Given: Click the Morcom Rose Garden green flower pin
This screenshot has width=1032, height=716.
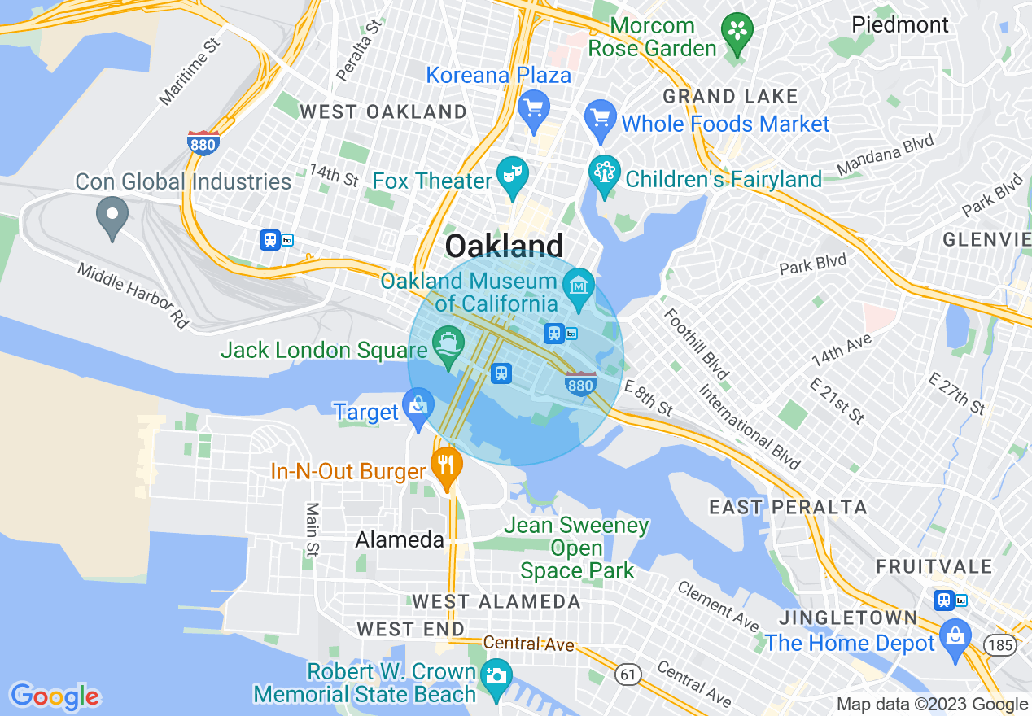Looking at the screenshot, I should [737, 32].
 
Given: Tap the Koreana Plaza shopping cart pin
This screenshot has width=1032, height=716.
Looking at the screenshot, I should [534, 108].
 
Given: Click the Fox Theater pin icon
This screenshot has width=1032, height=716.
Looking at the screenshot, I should [513, 176].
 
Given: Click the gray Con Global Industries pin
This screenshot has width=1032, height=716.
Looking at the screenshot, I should [112, 216].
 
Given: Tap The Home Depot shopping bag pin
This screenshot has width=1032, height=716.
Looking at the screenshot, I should [955, 636].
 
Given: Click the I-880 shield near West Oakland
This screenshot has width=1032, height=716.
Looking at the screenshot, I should [203, 143].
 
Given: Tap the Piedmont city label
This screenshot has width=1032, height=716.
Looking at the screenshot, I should [899, 24].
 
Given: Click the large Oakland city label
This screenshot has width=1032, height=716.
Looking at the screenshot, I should [505, 246].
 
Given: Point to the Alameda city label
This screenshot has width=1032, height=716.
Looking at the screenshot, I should [400, 540].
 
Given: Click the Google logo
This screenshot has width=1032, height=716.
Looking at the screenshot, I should [55, 696].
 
